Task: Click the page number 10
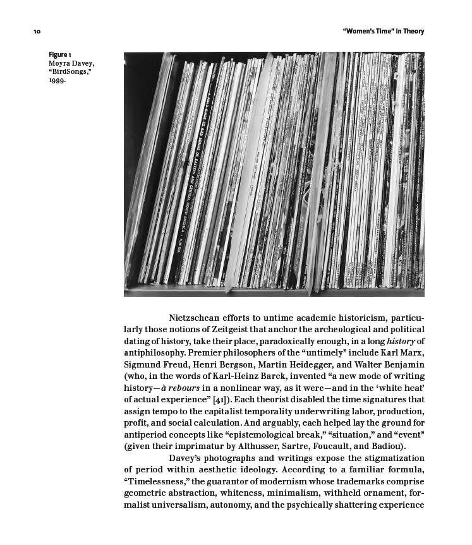click(37, 32)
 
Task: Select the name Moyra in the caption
click(60, 64)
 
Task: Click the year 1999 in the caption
click(57, 81)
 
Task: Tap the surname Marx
click(411, 353)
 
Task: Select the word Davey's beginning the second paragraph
click(186, 458)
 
